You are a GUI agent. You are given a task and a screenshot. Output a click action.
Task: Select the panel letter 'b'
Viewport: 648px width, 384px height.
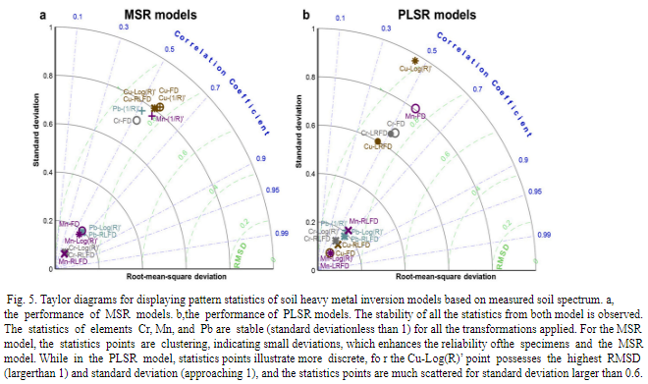click(335, 15)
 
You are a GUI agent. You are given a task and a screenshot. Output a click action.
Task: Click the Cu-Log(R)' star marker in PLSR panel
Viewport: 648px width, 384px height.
click(414, 61)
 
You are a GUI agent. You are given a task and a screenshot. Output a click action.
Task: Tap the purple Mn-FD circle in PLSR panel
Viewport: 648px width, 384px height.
click(415, 109)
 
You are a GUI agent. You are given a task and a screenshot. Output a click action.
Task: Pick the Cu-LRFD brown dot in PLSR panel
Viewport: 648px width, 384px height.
click(378, 143)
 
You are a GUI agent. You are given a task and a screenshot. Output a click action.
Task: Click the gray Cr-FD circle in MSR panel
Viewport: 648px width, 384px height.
click(137, 121)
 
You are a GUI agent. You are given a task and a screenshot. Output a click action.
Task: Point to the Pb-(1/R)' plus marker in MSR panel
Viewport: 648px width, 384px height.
click(143, 111)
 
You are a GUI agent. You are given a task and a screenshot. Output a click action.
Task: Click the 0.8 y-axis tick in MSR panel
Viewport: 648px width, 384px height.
click(51, 76)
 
